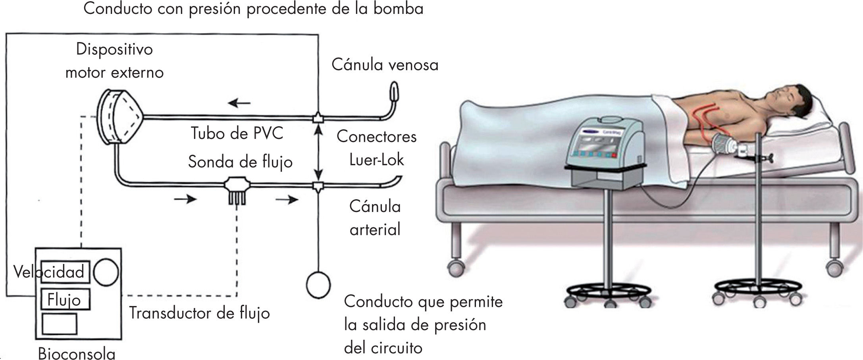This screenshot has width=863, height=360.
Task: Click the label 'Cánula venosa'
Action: point(385,65)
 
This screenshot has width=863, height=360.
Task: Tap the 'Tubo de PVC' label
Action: point(237,133)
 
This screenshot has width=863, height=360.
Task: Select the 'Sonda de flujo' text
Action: point(240,162)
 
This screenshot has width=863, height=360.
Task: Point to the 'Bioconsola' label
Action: point(77,353)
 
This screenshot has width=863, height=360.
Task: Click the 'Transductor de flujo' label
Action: point(199,313)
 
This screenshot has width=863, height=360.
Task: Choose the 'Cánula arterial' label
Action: point(375,218)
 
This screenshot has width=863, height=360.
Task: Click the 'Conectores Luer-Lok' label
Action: point(376,148)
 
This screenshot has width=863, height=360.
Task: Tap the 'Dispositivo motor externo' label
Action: point(114,61)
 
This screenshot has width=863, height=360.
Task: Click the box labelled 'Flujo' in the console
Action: point(65,300)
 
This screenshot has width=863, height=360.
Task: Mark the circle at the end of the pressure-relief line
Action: point(318,285)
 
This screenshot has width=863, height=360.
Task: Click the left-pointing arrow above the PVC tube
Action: point(239,104)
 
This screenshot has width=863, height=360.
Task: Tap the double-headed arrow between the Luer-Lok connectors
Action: point(318,152)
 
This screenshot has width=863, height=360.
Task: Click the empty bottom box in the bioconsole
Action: point(60,323)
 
